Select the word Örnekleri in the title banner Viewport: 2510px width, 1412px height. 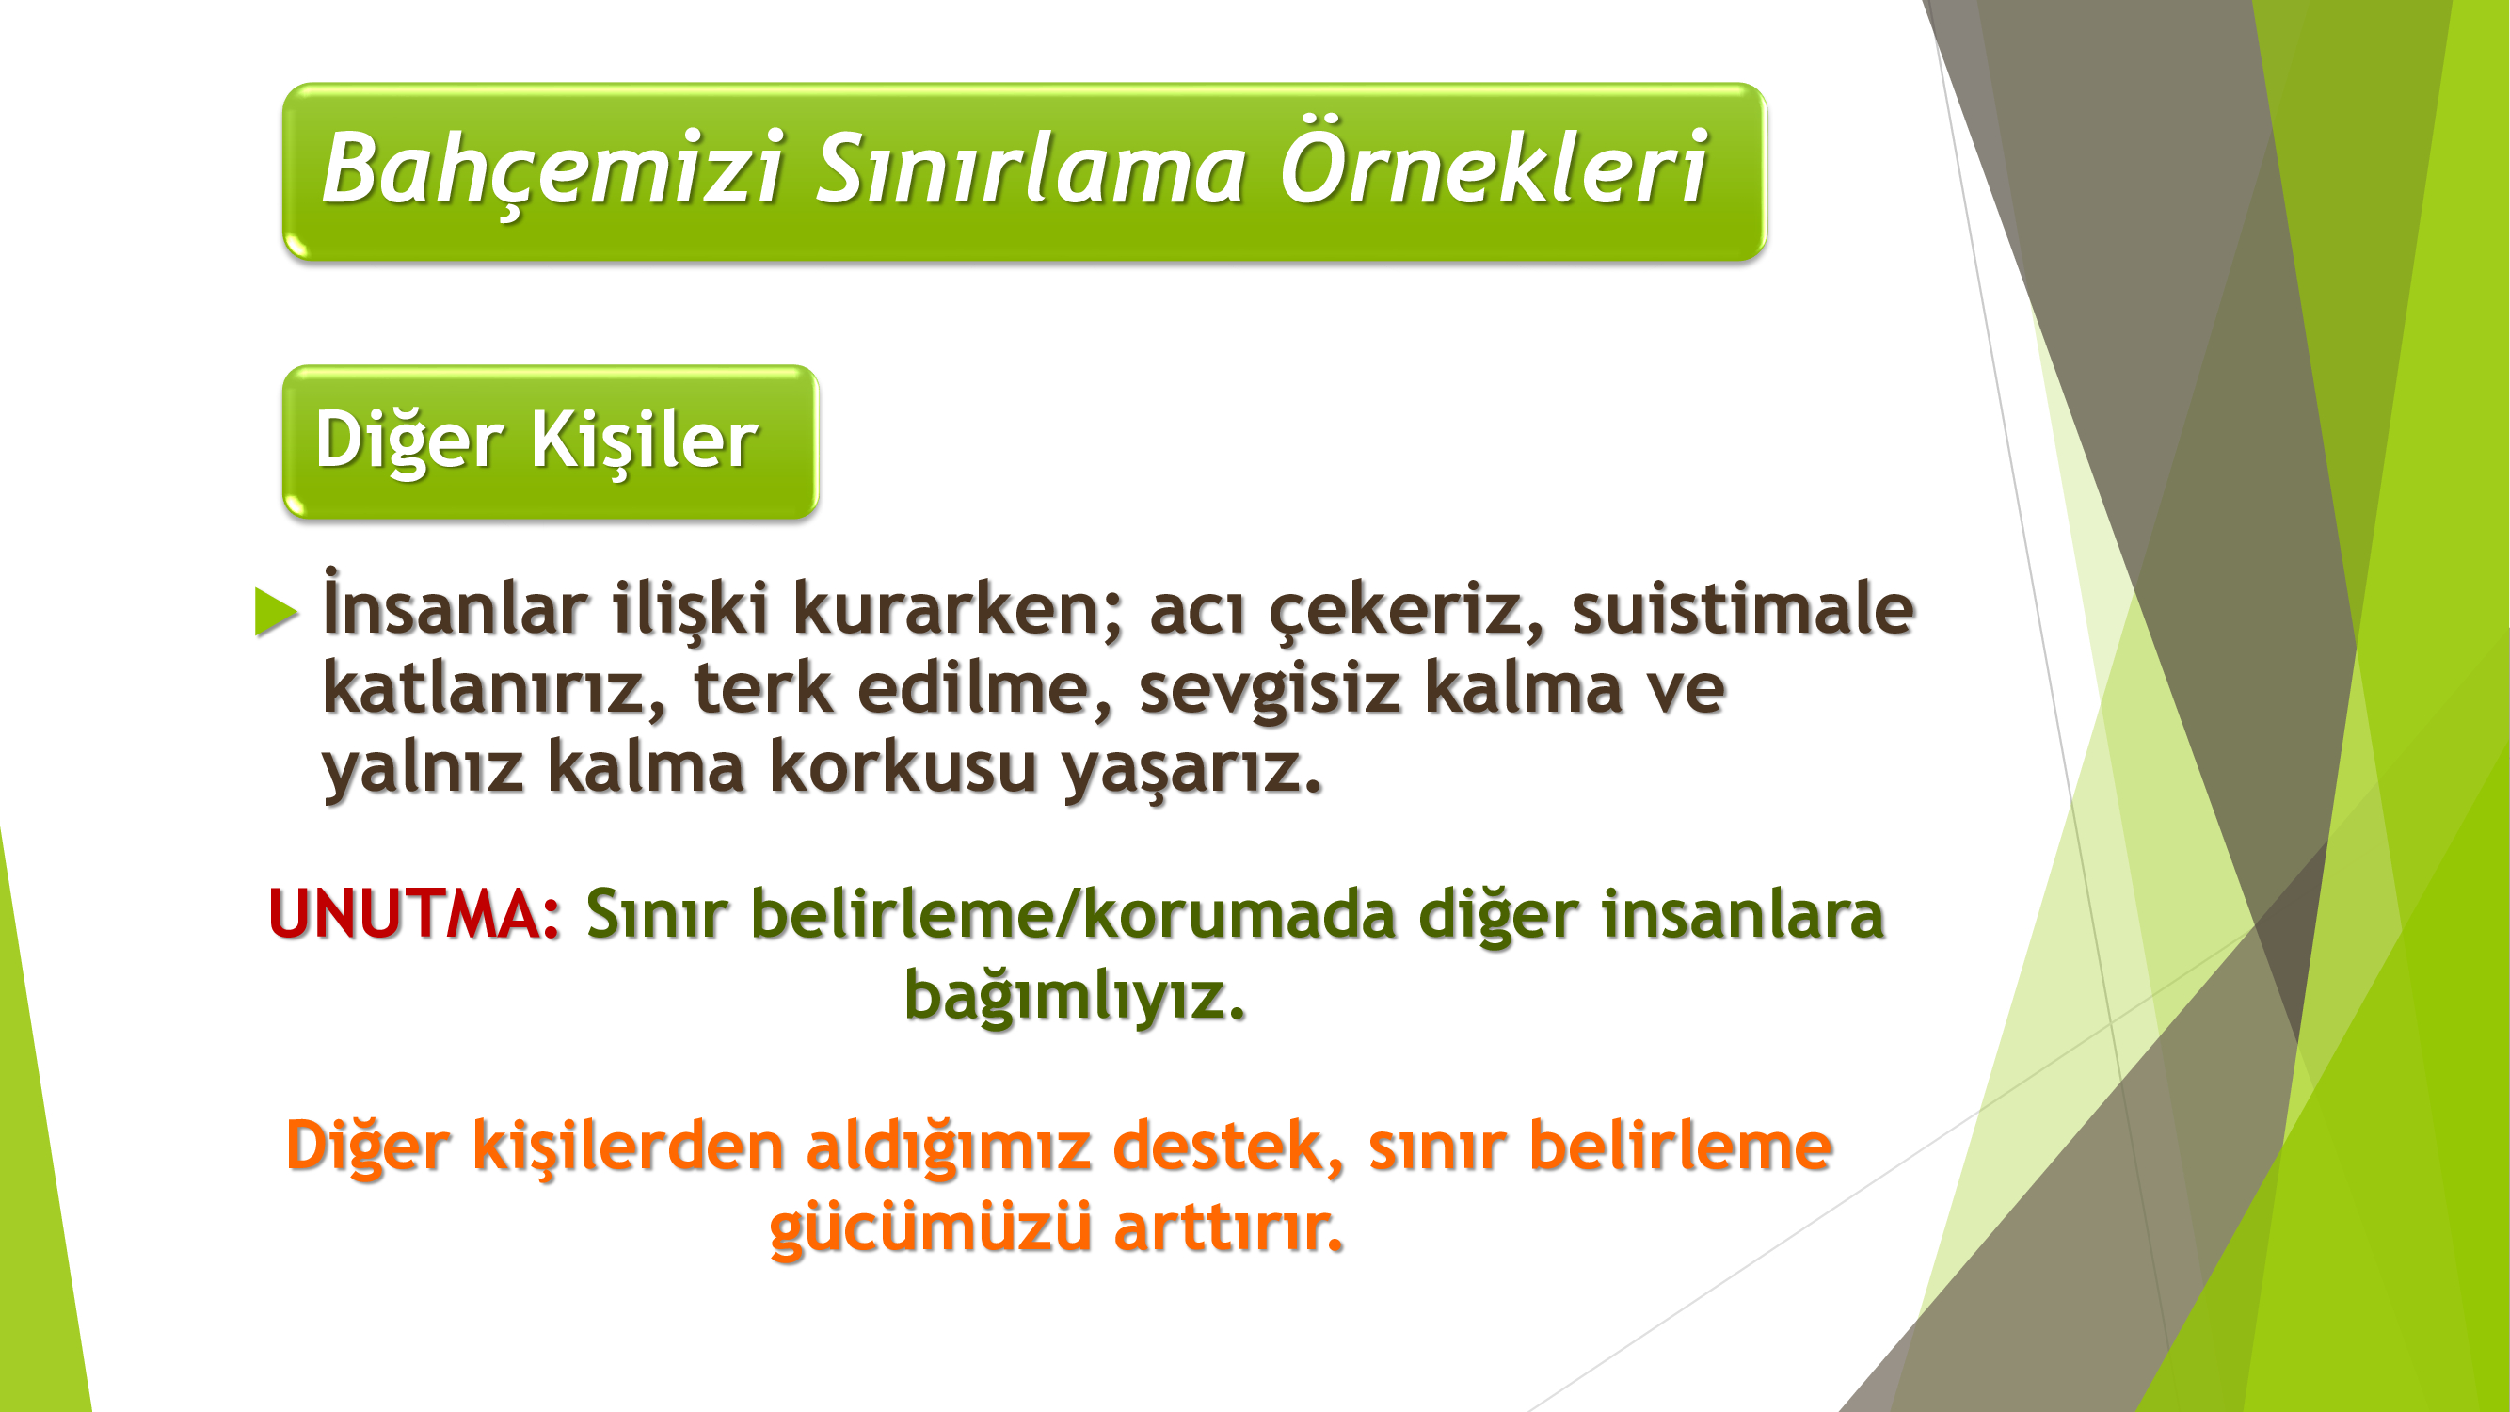[x=1494, y=162]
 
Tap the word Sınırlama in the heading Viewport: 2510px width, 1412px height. [x=1030, y=168]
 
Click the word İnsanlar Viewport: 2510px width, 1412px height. [x=455, y=604]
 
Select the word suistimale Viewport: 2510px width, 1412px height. [x=1742, y=607]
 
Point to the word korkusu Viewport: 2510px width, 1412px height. [x=903, y=766]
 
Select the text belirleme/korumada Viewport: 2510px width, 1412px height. [x=1073, y=914]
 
